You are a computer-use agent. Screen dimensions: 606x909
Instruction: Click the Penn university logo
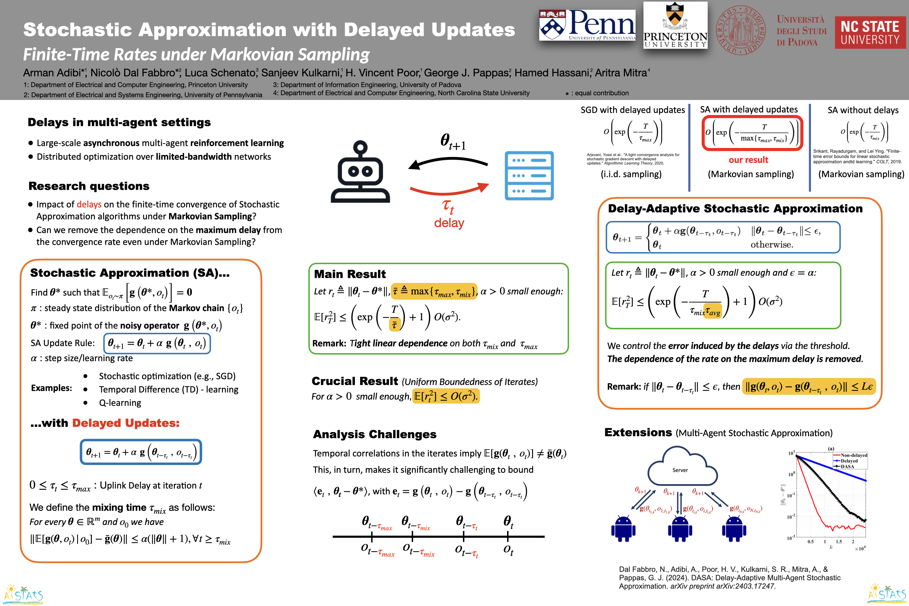tap(587, 25)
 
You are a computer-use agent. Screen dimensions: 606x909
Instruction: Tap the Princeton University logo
tap(675, 26)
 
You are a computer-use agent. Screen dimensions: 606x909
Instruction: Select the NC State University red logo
tap(870, 33)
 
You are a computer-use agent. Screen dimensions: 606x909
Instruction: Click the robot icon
tap(360, 172)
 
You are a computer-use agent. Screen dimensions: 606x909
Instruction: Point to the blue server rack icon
tap(529, 176)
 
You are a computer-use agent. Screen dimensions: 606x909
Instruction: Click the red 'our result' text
tap(748, 160)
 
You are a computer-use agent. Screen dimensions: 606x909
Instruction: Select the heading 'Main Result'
tap(350, 274)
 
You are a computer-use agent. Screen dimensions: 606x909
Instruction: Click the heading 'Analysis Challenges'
tap(375, 435)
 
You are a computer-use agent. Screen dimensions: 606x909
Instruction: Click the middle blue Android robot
tap(680, 528)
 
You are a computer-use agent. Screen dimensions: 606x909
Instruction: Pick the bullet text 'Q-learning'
tap(120, 403)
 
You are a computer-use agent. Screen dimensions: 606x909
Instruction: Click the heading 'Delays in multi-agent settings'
tap(119, 122)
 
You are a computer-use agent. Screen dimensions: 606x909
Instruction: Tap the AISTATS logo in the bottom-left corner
tap(23, 594)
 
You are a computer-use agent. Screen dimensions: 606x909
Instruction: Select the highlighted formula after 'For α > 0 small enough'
tap(446, 396)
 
